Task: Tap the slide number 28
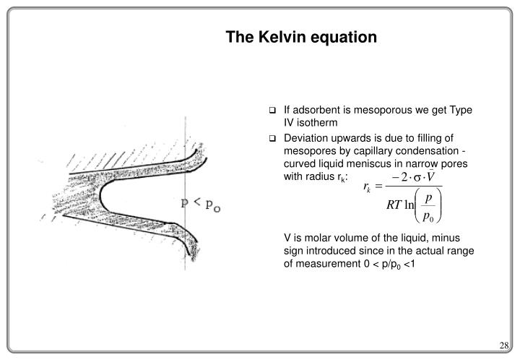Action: click(504, 346)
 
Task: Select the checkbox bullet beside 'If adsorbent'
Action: click(272, 110)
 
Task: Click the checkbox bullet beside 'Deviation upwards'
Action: click(272, 138)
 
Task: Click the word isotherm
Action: click(317, 123)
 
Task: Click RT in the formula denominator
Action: click(394, 205)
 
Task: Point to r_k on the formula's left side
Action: click(367, 187)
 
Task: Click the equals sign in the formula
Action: click(378, 186)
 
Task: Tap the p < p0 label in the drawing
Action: click(201, 204)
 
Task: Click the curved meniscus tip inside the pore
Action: click(100, 197)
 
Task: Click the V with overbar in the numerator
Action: click(430, 176)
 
